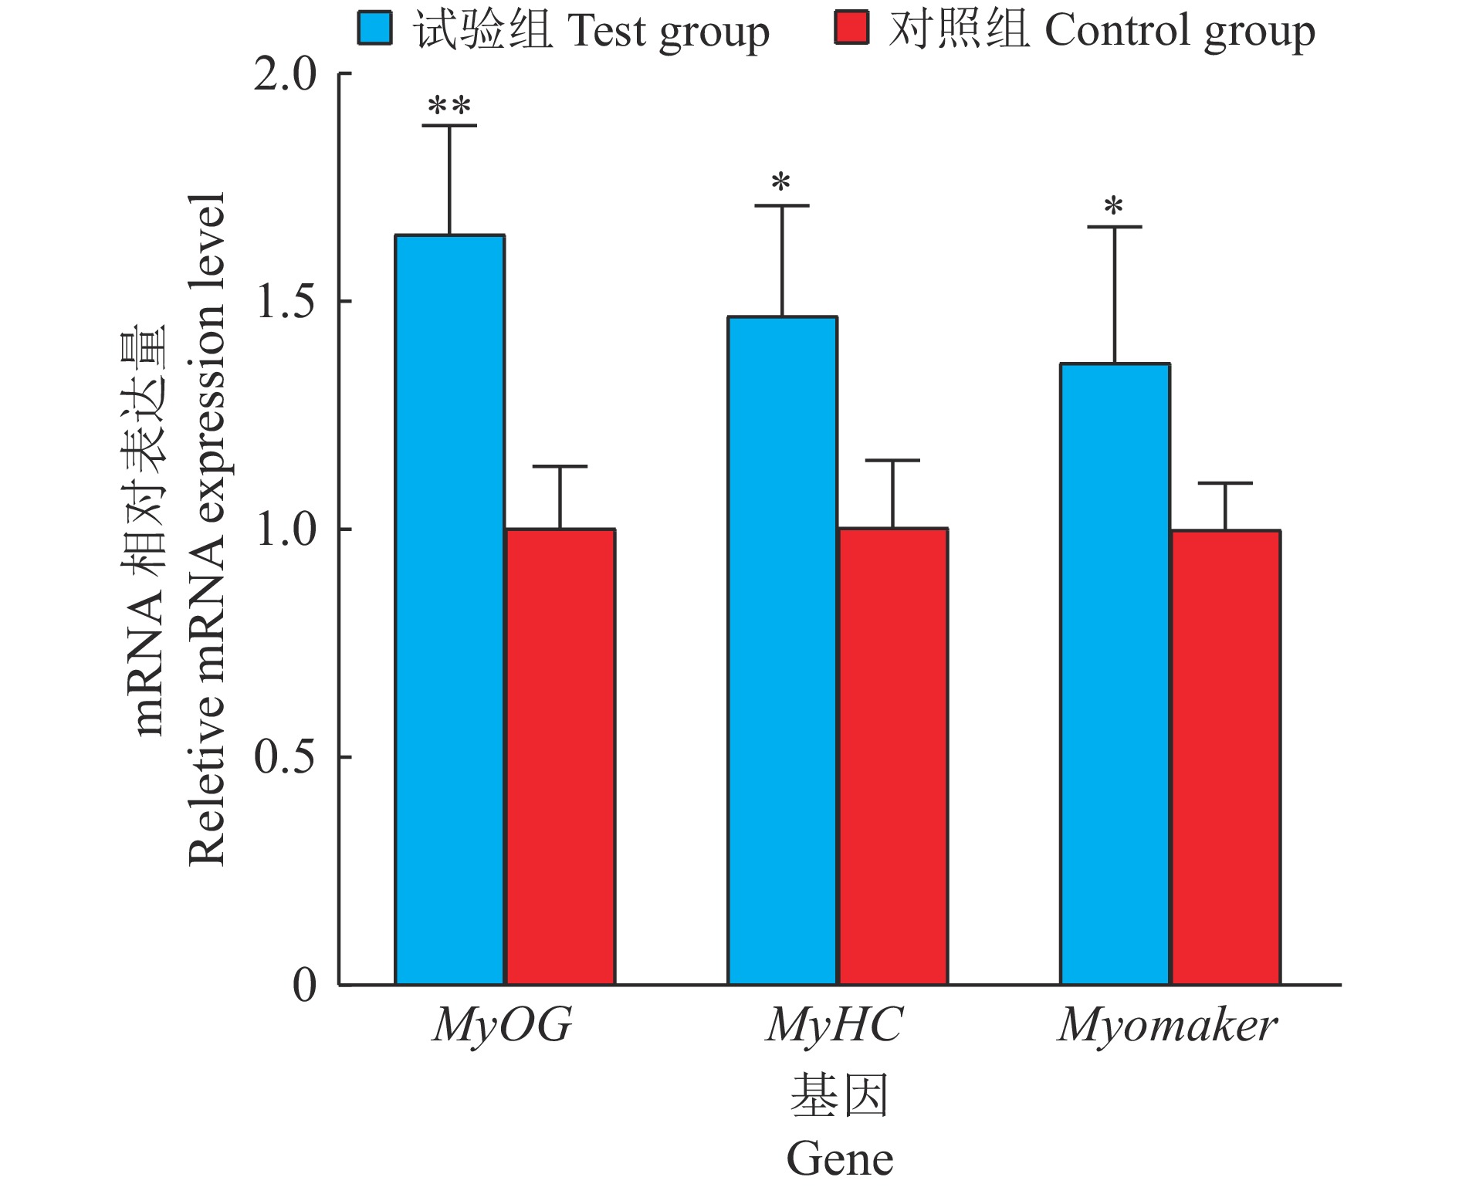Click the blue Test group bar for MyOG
point(450,610)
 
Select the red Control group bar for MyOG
point(560,756)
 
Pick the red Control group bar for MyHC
point(893,756)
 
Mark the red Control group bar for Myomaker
point(1226,757)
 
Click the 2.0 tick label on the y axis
point(286,75)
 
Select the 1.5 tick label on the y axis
point(286,302)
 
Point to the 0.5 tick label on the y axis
point(286,757)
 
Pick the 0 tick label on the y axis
point(305,985)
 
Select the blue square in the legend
point(375,29)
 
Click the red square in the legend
point(851,29)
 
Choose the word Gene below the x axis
point(840,1159)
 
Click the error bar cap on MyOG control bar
point(560,466)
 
